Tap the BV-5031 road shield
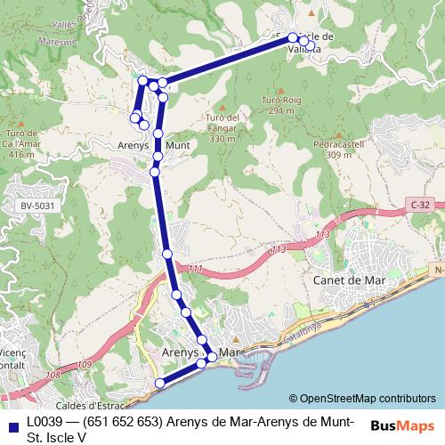(x=35, y=206)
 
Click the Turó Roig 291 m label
(x=279, y=106)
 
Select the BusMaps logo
(x=401, y=425)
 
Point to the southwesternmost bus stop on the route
(x=160, y=383)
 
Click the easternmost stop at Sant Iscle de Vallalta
(x=311, y=43)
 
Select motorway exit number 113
(x=309, y=235)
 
